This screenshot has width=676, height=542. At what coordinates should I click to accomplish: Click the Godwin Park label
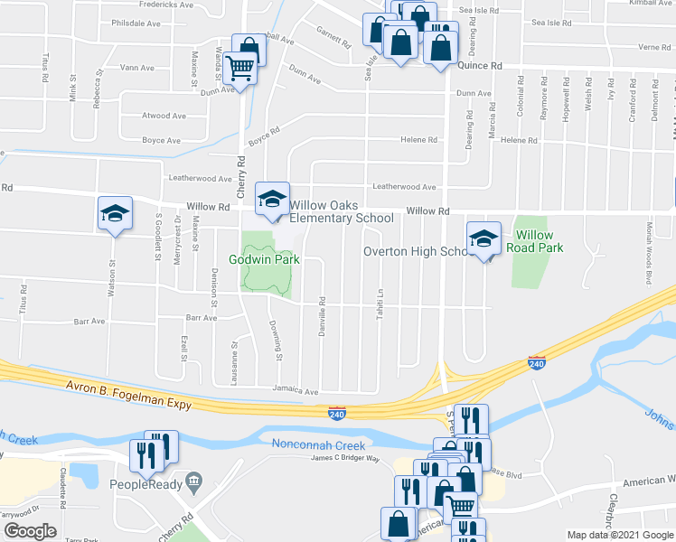pos(263,259)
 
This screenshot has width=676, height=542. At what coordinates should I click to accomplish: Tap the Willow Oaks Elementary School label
pos(342,211)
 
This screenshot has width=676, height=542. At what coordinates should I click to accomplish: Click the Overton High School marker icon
pos(484,238)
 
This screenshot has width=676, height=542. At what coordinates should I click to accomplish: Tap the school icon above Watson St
pos(115,213)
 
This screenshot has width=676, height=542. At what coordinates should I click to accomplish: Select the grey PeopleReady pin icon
pos(192,480)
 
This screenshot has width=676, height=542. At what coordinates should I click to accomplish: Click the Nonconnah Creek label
pos(318,444)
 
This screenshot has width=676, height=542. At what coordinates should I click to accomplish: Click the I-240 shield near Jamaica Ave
pos(336,411)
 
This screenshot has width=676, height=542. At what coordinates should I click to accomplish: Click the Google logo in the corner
pos(30,531)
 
